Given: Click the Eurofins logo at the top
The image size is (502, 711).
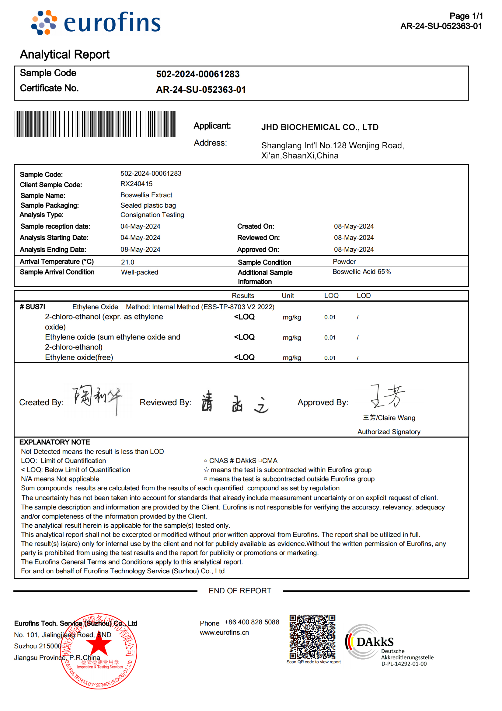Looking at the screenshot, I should pos(96,22).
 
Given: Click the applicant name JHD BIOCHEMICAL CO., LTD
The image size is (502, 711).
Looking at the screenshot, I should pos(320,127).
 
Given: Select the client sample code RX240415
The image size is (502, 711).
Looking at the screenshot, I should pos(136,184).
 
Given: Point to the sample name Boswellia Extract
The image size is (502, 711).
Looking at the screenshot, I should pos(146,195).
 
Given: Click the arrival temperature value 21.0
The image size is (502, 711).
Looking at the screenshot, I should pos(127,262).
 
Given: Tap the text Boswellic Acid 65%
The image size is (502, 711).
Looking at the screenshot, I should pos(362,271).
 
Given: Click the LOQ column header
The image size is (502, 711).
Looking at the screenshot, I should pos(331,295).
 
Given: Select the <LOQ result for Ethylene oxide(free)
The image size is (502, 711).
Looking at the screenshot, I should pos(244,357).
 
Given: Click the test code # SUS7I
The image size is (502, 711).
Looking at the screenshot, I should pos(32,307).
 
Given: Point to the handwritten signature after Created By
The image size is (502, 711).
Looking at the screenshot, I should pos(98,399).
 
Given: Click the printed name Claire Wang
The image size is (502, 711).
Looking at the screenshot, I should pos(389,418).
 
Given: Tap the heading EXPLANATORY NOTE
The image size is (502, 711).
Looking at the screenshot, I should pos(54,442).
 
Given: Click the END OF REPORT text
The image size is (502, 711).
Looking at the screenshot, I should pos(240,591).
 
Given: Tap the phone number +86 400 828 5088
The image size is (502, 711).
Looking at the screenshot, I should pos(252,622).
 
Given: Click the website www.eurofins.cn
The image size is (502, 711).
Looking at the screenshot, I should pos(224,632).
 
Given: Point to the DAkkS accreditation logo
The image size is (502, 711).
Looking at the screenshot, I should pos(389,645).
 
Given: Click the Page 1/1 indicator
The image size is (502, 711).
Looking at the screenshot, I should pos(466,16).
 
